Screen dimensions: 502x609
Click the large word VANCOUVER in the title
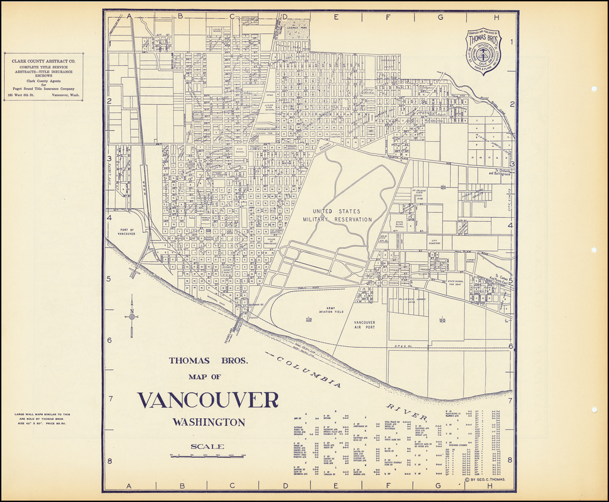click(208, 400)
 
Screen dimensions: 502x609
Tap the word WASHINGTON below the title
click(208, 422)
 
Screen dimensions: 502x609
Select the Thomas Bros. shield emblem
click(483, 52)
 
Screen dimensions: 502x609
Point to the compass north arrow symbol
click(131, 317)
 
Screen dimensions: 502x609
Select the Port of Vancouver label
click(127, 231)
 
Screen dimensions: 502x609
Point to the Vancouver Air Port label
click(365, 324)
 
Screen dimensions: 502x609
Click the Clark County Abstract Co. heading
click(43, 61)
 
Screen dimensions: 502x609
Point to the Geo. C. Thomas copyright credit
click(487, 479)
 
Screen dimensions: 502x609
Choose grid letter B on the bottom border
click(182, 485)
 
